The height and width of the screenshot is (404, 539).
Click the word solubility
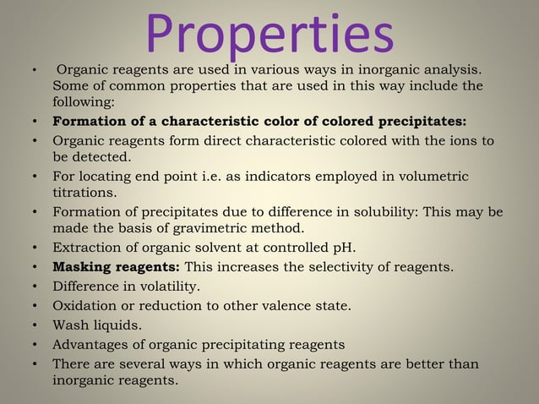click(x=387, y=211)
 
